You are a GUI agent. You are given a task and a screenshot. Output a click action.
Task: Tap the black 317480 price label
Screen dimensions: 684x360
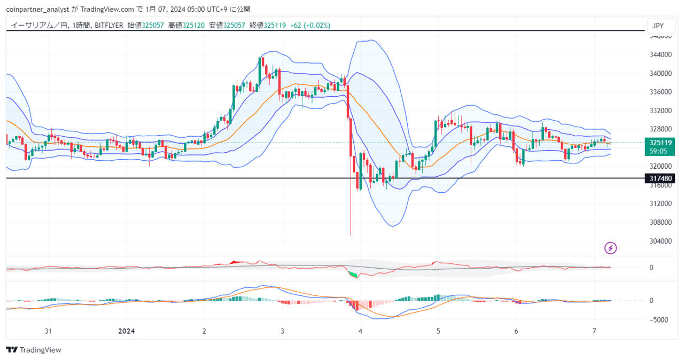[660, 178]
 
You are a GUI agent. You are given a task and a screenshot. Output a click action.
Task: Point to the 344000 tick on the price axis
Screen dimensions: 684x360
[660, 54]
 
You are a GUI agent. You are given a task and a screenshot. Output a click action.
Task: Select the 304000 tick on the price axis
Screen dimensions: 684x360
[660, 241]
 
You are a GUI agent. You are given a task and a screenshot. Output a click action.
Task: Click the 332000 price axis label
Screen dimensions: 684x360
[660, 111]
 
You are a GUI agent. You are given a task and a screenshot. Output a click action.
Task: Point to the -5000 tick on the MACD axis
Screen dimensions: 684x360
[658, 320]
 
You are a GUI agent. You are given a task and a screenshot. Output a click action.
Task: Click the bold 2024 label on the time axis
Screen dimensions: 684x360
[127, 331]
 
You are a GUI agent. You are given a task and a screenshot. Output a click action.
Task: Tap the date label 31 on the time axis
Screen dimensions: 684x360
[48, 331]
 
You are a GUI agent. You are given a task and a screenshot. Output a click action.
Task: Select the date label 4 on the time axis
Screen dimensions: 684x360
[360, 331]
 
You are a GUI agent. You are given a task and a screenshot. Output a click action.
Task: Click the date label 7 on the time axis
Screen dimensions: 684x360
[594, 331]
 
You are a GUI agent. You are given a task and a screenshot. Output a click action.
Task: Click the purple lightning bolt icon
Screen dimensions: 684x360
[610, 248]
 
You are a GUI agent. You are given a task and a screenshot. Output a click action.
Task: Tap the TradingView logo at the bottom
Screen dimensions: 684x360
[34, 350]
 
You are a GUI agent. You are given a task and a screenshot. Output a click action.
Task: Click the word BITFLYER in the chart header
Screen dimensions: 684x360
[109, 25]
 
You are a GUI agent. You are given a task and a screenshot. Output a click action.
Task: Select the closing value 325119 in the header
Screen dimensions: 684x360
[275, 25]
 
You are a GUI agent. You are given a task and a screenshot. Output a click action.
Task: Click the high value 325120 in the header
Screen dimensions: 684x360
[193, 25]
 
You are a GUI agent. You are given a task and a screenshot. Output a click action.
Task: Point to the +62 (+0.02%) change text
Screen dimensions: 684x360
[310, 25]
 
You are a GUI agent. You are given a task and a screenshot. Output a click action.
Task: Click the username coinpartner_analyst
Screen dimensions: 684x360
[37, 10]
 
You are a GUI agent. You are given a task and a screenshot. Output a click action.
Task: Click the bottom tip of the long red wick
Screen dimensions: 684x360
[351, 236]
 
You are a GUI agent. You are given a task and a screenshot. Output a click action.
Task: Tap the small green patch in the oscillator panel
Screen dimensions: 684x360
[353, 274]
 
